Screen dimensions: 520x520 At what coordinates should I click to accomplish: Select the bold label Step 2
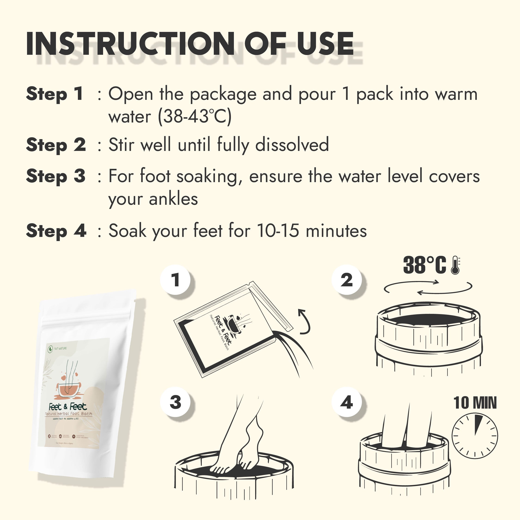[56, 145]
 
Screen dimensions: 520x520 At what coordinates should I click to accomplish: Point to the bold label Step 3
[56, 176]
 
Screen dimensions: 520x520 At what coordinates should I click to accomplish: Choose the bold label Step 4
[56, 231]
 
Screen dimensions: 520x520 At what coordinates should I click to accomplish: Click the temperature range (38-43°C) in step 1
[195, 116]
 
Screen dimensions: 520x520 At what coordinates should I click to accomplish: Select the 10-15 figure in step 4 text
[278, 231]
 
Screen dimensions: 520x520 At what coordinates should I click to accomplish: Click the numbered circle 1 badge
[175, 280]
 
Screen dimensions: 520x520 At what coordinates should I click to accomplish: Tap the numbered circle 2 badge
[347, 280]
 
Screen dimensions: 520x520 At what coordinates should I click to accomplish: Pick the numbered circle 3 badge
[175, 402]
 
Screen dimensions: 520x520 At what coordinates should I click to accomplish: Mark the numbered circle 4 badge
[347, 402]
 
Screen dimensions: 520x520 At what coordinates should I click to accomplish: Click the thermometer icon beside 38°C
[455, 265]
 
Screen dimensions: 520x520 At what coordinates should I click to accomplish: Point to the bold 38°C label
[425, 265]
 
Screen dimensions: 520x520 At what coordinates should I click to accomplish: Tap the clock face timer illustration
[474, 436]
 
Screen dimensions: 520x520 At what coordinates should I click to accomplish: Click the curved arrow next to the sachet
[305, 322]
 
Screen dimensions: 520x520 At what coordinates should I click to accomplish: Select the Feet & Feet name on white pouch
[67, 407]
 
